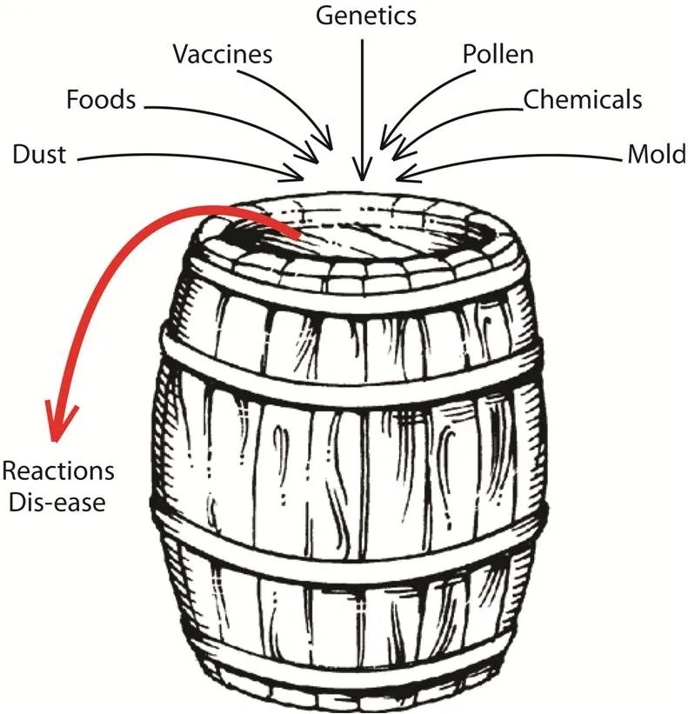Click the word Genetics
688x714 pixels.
pos(365,16)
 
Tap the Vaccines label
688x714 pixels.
pos(223,55)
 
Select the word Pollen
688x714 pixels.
pos(498,55)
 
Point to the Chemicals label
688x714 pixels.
pos(582,99)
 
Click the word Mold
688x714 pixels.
pos(655,157)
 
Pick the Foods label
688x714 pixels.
pos(101,99)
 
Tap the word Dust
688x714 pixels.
pos(39,157)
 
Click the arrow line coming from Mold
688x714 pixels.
pos(522,158)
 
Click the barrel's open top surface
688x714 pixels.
pos(365,235)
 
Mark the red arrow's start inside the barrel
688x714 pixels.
pos(296,235)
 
